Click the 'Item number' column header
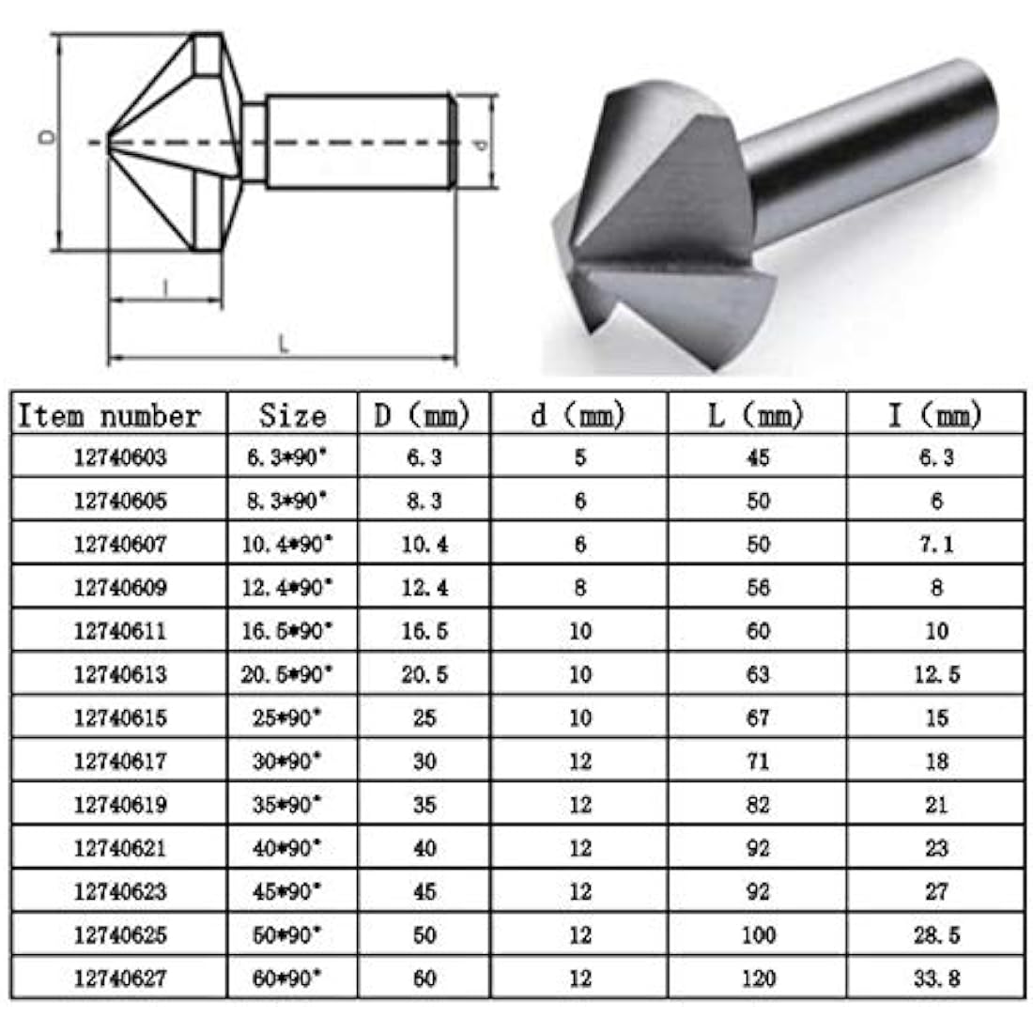click(110, 415)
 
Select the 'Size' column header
click(292, 415)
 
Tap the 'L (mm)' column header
click(756, 415)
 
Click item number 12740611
click(120, 631)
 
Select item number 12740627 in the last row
click(120, 979)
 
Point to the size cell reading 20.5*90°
click(286, 674)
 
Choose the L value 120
click(757, 979)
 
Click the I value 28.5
click(936, 935)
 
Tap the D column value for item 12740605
click(424, 501)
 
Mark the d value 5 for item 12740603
click(579, 458)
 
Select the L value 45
click(757, 458)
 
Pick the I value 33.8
click(936, 979)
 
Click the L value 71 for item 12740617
click(757, 762)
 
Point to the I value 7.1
click(936, 545)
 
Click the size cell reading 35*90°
click(286, 805)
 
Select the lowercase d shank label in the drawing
click(480, 144)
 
